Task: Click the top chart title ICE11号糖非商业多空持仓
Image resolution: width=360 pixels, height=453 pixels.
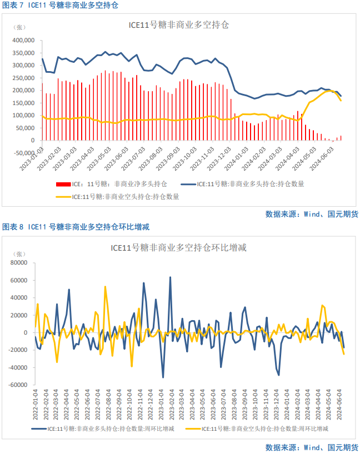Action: (x=179, y=25)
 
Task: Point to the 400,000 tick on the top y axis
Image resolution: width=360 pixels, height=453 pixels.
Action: (x=24, y=41)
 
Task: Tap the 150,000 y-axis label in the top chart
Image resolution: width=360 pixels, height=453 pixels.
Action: (x=24, y=103)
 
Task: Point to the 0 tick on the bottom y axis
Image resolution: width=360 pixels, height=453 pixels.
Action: (x=25, y=333)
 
